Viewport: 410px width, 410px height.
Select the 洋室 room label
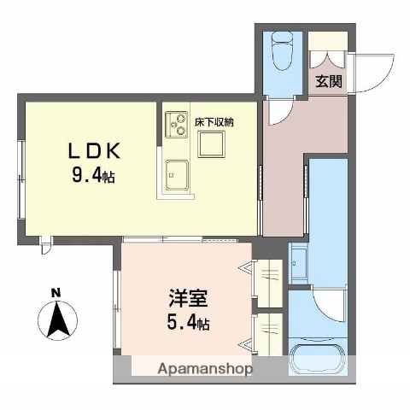tap(185, 302)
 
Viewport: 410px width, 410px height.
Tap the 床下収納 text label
tap(214, 122)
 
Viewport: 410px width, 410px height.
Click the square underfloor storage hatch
tap(211, 145)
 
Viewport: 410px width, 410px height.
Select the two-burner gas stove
tap(177, 125)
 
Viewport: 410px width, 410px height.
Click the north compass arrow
tap(57, 320)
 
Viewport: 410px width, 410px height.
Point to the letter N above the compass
tap(56, 294)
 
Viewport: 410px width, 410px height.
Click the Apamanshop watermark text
tap(205, 369)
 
